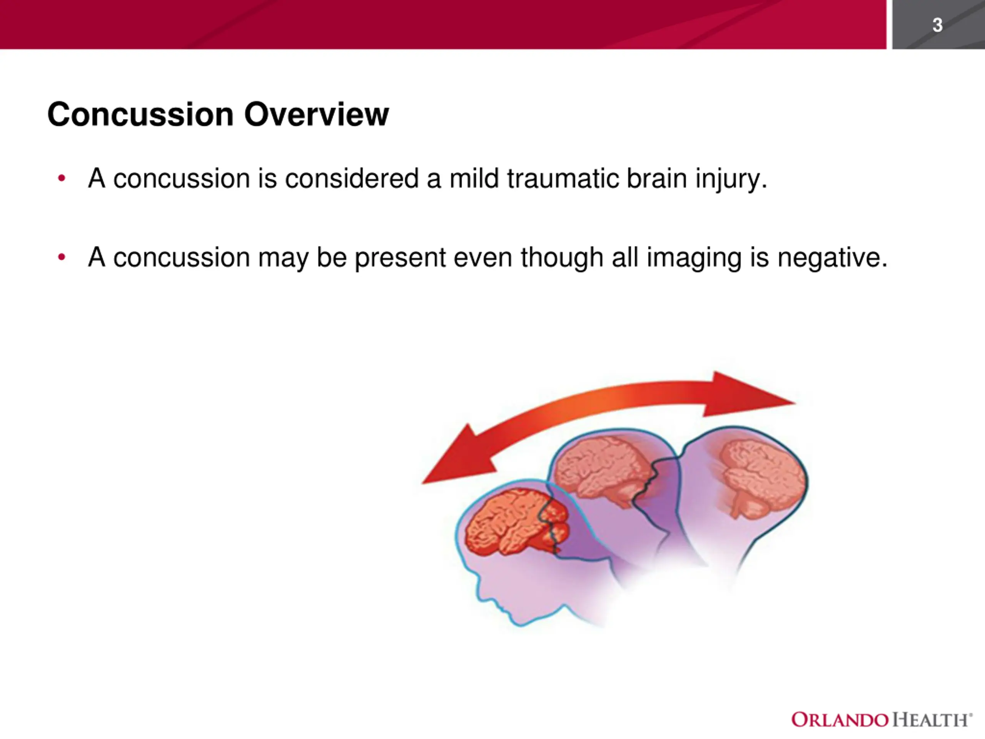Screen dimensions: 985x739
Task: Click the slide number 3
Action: coord(937,25)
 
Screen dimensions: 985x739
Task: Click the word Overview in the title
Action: coord(317,114)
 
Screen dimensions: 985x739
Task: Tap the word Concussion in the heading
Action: coord(140,114)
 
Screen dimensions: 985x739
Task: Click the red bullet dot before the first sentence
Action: coord(62,179)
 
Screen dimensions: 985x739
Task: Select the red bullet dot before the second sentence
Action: coord(62,257)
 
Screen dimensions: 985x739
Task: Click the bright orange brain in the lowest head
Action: coord(516,522)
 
